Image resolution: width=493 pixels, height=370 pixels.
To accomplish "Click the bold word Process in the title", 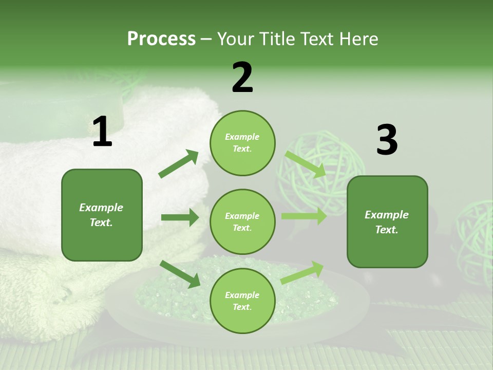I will point(161,39).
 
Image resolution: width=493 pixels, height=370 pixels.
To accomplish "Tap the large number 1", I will point(102,132).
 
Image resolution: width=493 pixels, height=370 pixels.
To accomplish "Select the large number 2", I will point(242,78).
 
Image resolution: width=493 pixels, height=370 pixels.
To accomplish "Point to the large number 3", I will point(387,140).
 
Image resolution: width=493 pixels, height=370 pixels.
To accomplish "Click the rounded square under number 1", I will point(102,215).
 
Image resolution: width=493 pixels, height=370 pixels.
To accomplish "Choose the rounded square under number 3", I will point(387,221).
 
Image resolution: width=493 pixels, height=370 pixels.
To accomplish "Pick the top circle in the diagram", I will point(242,143).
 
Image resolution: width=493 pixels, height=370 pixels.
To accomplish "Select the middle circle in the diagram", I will point(242,221).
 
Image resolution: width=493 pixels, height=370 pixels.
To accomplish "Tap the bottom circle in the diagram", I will point(242,301).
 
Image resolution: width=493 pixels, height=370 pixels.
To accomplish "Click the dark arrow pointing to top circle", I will point(179,164).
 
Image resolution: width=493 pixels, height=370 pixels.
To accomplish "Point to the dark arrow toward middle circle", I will point(180,217).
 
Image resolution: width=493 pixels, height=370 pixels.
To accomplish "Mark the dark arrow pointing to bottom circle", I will point(180,274).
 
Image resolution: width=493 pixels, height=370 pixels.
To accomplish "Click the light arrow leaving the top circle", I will point(306,164).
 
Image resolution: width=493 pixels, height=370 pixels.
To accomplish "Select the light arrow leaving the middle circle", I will point(304,216).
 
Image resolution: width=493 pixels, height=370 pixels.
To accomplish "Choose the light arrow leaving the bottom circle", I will point(302,272).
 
